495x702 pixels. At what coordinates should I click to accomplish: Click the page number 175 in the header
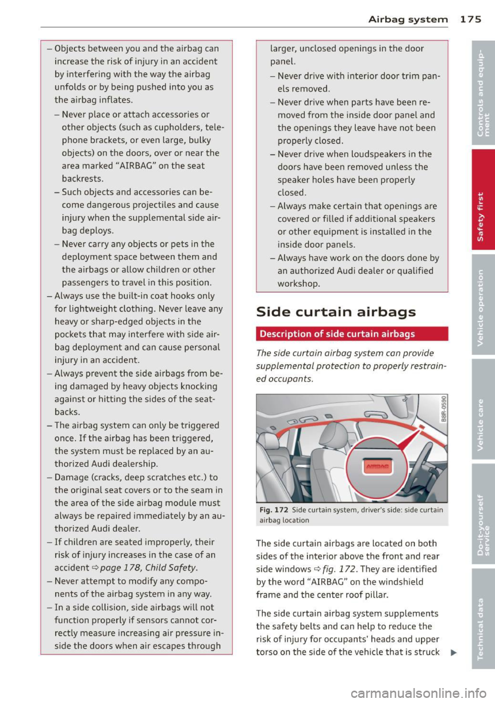470,19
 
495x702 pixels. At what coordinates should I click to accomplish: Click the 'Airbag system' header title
408,20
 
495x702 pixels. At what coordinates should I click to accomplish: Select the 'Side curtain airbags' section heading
336,312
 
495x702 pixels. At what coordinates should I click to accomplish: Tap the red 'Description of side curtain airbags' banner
352,334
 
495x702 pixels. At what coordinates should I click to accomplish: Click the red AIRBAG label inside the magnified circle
377,466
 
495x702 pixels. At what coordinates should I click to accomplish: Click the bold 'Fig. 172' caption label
274,510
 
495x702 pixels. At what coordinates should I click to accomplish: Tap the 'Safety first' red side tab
481,216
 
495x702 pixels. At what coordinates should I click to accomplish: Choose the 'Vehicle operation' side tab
481,307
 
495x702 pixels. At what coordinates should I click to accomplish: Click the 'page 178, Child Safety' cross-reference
148,567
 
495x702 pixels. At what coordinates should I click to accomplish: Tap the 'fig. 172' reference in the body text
339,569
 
